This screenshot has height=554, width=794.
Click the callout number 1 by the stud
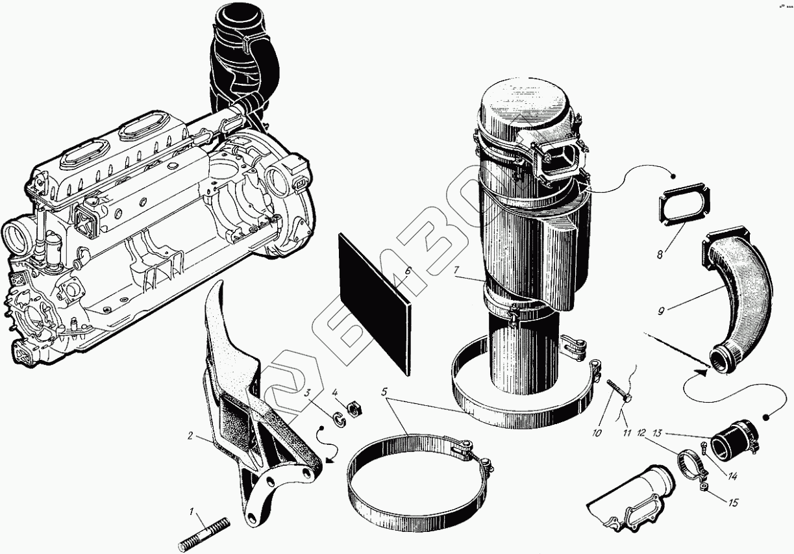tap(192, 512)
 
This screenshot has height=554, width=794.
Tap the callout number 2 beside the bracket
tap(190, 436)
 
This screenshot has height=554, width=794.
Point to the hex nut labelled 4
tap(353, 409)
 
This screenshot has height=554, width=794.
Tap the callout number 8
tap(660, 254)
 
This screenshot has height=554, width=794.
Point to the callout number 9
tap(661, 310)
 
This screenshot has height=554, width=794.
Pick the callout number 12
tap(640, 433)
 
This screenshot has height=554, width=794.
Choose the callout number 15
tap(733, 502)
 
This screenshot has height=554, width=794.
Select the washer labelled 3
tap(338, 418)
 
